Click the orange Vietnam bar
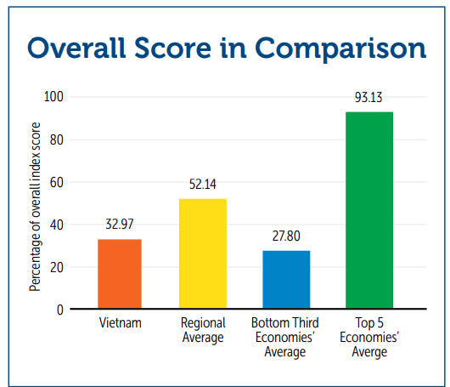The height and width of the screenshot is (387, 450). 120,274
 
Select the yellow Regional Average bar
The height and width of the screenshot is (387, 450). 203,253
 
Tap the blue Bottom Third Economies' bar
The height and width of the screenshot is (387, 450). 286,280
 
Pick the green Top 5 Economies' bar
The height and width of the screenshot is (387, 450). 369,210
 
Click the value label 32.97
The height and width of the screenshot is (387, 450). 120,224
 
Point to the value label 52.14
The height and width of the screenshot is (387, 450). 203,184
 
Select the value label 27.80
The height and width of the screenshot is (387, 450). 286,236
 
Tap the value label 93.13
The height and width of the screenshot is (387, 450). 368,97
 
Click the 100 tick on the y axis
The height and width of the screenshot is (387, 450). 53,97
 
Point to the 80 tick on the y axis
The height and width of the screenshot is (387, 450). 57,139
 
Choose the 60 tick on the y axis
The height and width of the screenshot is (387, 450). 57,182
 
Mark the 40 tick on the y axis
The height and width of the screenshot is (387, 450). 57,225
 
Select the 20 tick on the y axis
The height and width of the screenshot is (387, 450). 57,267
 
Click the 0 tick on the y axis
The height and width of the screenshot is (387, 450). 60,310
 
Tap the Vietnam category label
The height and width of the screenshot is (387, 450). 121,323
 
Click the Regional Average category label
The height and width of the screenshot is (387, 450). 203,330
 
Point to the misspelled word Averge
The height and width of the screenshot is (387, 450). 369,352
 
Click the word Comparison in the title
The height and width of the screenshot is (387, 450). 340,48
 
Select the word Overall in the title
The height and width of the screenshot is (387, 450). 76,48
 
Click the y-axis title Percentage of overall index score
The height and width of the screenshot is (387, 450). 35,207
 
